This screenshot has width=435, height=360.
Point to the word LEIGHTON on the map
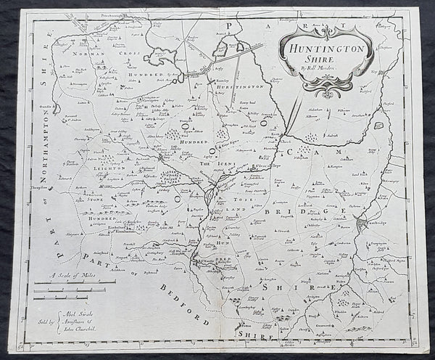coord(108,168)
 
